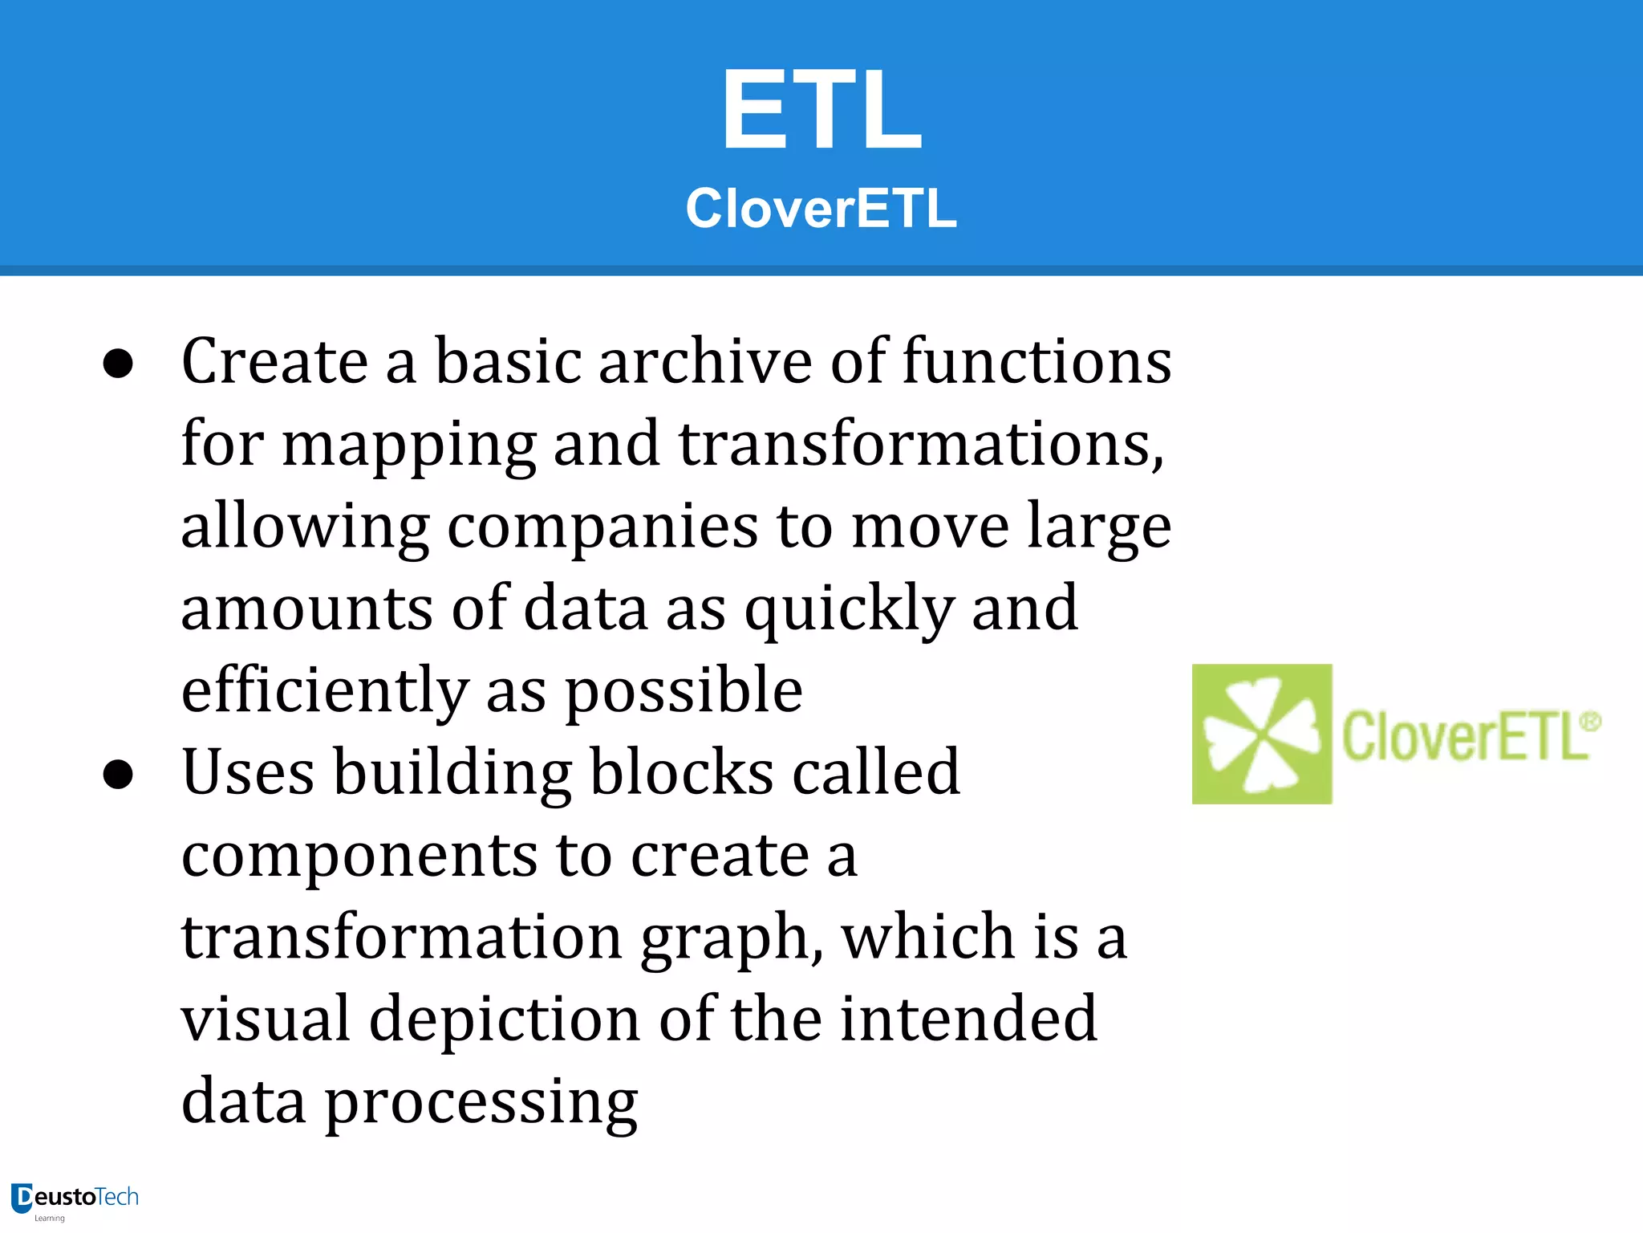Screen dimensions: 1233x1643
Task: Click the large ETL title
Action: click(821, 110)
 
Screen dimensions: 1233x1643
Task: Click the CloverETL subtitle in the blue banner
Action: click(821, 208)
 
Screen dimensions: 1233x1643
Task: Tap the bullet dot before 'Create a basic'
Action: click(118, 364)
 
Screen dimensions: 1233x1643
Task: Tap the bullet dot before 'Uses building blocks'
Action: click(118, 775)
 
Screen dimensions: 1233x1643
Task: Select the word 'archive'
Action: click(705, 361)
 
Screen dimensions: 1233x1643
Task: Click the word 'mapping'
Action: click(409, 446)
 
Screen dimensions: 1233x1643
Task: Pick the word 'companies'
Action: click(602, 528)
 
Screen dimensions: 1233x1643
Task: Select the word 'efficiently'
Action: click(325, 693)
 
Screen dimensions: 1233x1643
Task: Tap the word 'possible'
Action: click(684, 693)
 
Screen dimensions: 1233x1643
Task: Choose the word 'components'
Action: click(359, 857)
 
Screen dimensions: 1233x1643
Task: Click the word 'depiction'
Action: click(505, 1021)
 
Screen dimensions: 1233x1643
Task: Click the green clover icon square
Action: click(1262, 734)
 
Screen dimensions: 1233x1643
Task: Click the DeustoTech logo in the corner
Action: click(75, 1200)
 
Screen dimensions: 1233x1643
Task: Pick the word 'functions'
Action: click(1037, 361)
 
